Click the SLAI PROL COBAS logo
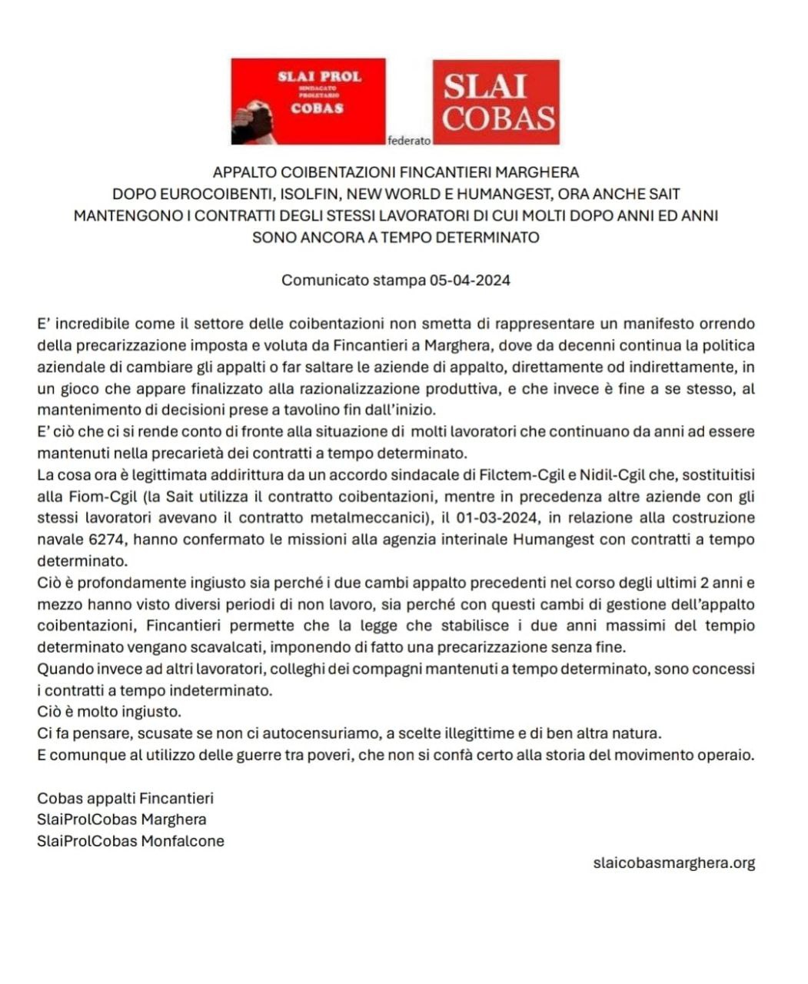(x=308, y=101)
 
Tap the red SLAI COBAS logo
(x=496, y=101)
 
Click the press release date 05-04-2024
(x=470, y=280)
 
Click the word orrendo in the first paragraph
(x=727, y=324)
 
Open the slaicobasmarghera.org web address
(x=674, y=863)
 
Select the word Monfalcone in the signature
(x=182, y=841)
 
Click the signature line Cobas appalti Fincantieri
(x=125, y=799)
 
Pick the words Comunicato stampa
(x=353, y=280)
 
